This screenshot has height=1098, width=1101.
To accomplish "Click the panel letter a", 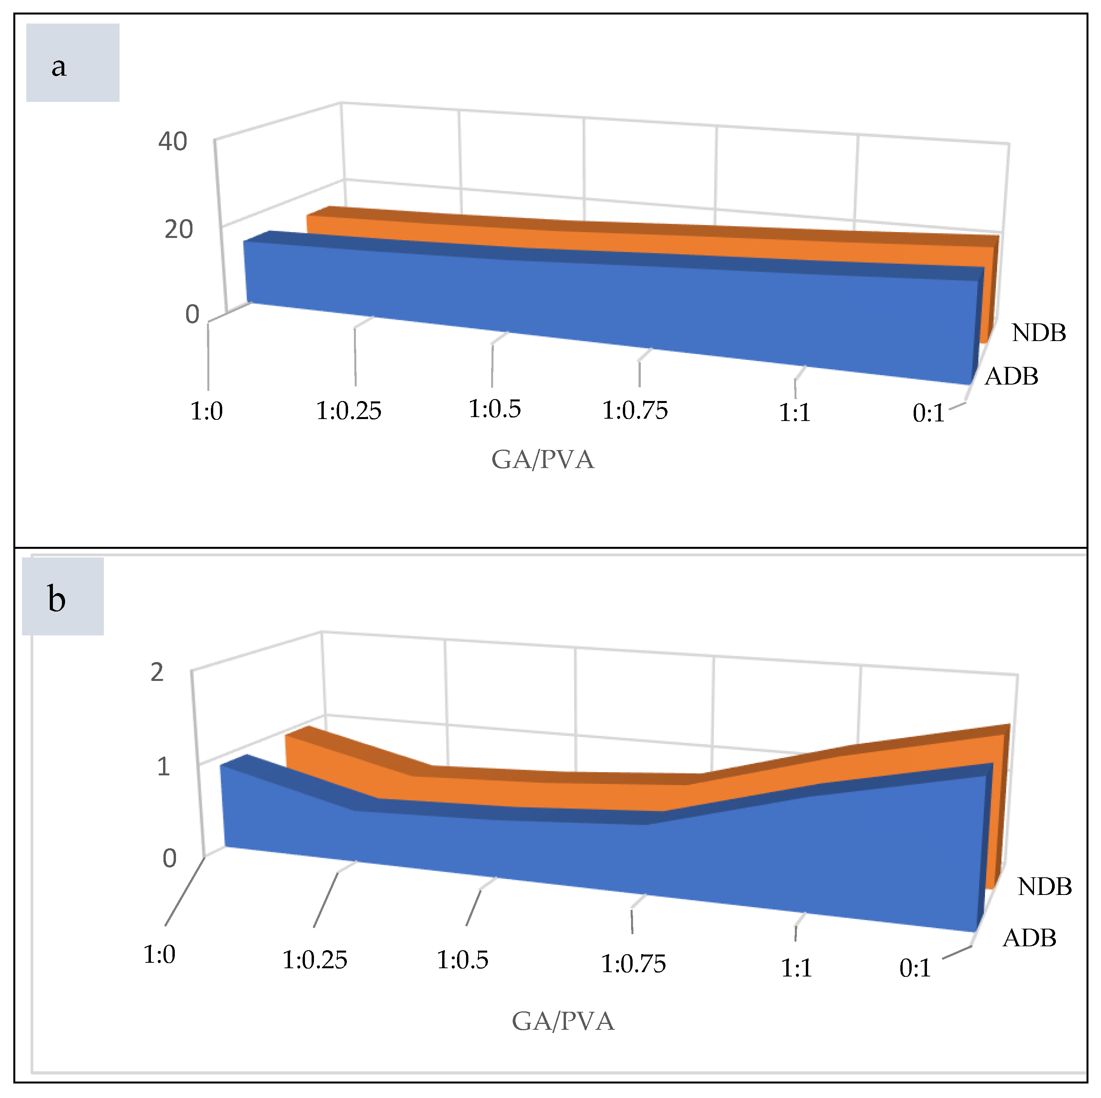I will [59, 67].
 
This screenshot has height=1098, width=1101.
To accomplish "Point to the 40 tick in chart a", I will [173, 142].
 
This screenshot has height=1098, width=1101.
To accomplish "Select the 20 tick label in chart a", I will [178, 229].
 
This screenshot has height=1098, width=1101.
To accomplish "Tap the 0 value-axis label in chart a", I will [192, 314].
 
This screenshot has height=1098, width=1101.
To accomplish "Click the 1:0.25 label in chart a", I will [349, 410].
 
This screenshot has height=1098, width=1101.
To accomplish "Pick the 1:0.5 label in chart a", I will [495, 409].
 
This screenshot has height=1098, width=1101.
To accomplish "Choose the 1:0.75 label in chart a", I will [635, 410].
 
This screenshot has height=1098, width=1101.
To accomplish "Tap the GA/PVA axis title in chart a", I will [542, 459].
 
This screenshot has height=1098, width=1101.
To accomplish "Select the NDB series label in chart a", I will [1038, 332].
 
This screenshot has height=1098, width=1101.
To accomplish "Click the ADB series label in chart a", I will [1012, 376].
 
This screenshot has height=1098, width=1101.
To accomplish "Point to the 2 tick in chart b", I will [157, 673].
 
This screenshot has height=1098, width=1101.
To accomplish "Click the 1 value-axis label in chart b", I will [163, 767].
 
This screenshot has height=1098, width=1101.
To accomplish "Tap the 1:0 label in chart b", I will [160, 955].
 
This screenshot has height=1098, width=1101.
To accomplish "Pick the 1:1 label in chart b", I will [796, 968].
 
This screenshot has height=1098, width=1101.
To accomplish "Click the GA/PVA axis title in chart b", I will [563, 1021].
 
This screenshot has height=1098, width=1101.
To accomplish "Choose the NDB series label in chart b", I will [1045, 886].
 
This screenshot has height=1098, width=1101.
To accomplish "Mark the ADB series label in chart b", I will [1029, 938].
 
